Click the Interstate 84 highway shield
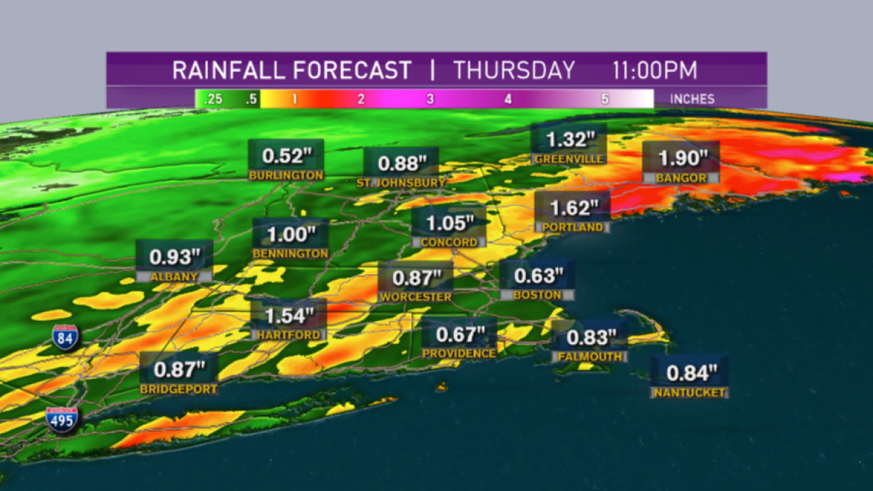pyautogui.click(x=65, y=338)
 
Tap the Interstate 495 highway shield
pyautogui.click(x=62, y=420)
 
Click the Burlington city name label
pyautogui.click(x=286, y=175)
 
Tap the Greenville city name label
pyautogui.click(x=568, y=159)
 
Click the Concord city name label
pyautogui.click(x=449, y=242)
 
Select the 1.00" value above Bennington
pyautogui.click(x=290, y=235)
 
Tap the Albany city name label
pyautogui.click(x=175, y=276)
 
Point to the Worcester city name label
pyautogui.click(x=415, y=297)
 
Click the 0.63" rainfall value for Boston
pyautogui.click(x=538, y=276)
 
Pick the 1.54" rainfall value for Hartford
pyautogui.click(x=289, y=316)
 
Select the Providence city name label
pyautogui.click(x=459, y=353)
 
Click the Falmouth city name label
pyautogui.click(x=589, y=356)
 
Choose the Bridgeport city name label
pyautogui.click(x=178, y=389)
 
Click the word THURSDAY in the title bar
pyautogui.click(x=514, y=71)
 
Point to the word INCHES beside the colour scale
pyautogui.click(x=692, y=99)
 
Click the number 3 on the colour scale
pyautogui.click(x=430, y=99)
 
